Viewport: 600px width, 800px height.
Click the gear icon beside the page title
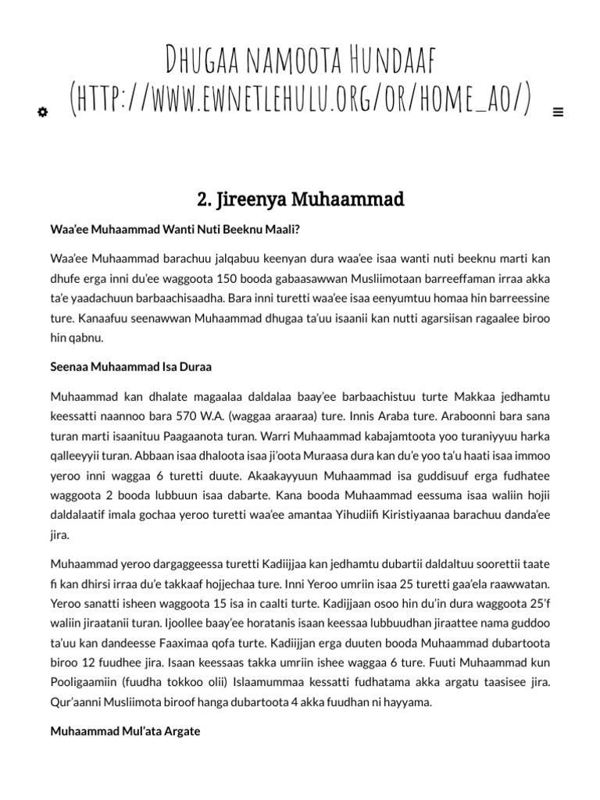coord(42,112)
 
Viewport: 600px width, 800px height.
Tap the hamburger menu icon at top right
coord(558,112)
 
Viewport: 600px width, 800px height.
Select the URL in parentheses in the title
coord(301,100)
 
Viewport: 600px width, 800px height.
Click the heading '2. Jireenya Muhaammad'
coord(300,200)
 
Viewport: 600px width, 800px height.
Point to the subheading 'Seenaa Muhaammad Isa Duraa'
coord(130,366)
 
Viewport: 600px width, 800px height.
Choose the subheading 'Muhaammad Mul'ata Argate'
coord(125,731)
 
